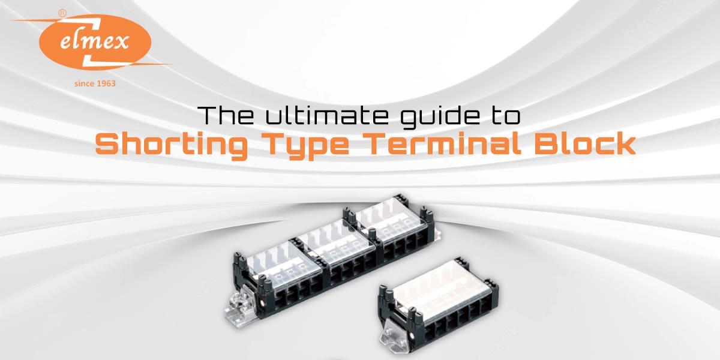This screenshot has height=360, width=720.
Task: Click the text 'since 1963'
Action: coord(95,83)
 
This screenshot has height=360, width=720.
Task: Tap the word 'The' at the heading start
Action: coord(223,116)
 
